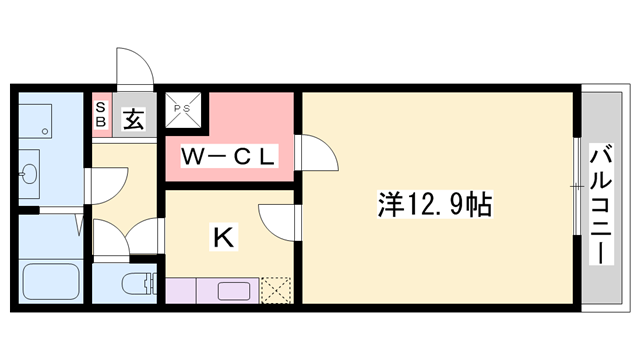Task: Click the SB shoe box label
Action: tap(101, 113)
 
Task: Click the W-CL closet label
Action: tap(227, 157)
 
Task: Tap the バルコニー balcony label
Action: tap(601, 204)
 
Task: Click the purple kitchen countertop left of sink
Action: tap(190, 291)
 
